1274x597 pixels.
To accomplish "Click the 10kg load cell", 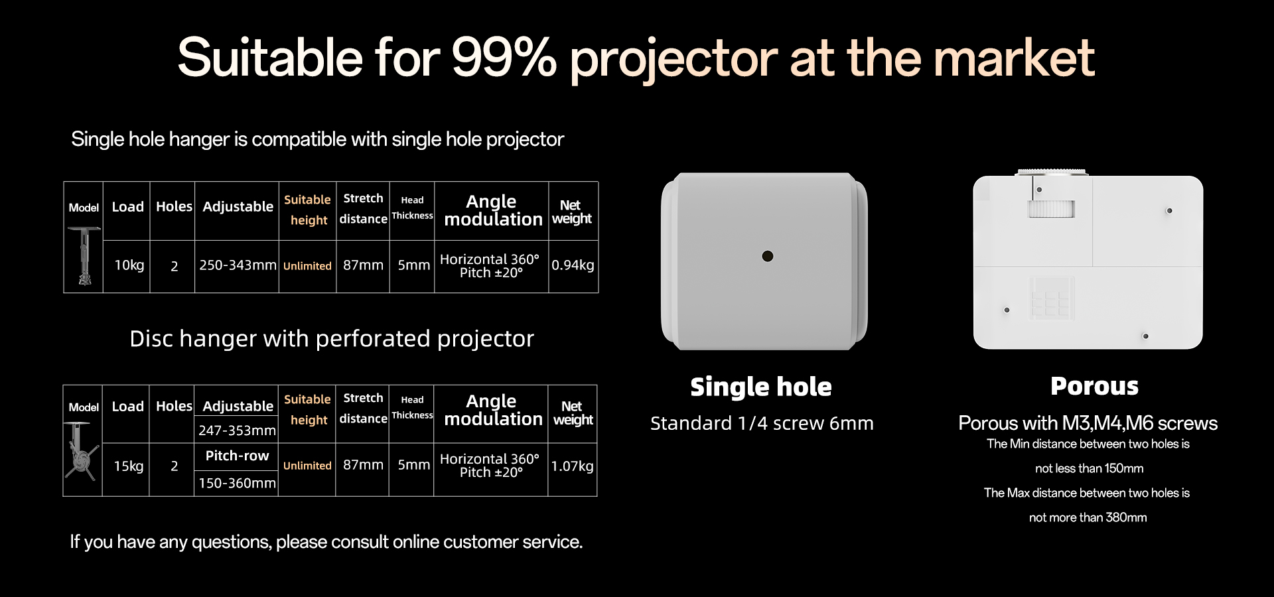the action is (129, 265).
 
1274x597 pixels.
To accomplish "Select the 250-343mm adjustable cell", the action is (238, 265).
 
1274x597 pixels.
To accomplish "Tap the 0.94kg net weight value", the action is (573, 265).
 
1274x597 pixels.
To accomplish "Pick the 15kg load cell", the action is (128, 466).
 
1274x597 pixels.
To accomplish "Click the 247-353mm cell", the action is (237, 431).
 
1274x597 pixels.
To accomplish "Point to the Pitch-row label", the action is (237, 456).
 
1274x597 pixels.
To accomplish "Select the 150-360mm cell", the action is (237, 484).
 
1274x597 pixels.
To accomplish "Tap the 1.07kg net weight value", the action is (572, 466).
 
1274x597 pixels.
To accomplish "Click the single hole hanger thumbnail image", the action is (84, 256).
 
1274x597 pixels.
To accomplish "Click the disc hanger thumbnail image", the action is (82, 451).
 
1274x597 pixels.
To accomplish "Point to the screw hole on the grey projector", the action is (768, 256).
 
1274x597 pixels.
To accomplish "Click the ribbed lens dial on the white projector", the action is (1050, 210).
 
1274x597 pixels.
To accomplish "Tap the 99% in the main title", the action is (504, 58).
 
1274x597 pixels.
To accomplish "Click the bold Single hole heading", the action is (761, 387).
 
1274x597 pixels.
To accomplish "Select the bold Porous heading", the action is (1094, 386).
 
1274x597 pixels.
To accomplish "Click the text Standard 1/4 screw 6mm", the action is (762, 423).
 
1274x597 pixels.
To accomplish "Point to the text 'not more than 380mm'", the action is (1088, 517).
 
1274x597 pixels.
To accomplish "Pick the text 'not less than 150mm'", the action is (1089, 468).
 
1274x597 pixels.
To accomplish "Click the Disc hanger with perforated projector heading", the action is (332, 339).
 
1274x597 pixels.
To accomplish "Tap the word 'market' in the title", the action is (1014, 58).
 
